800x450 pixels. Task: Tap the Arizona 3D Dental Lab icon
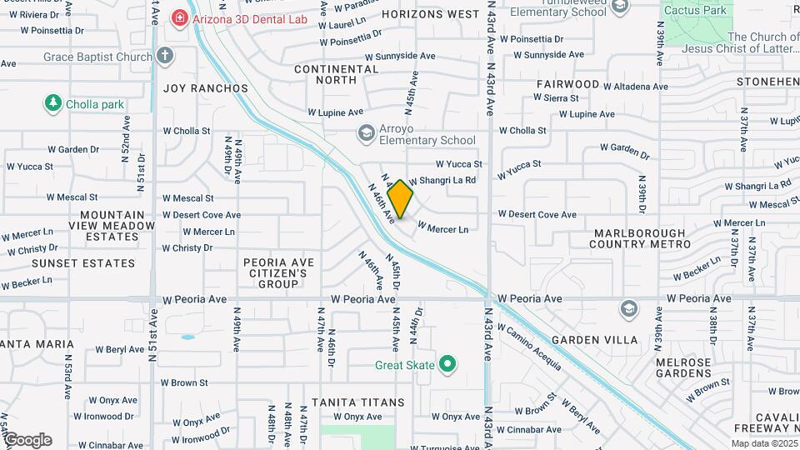178,17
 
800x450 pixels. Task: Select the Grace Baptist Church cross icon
165,56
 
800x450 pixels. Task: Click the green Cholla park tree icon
53,103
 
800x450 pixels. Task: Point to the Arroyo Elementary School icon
365,132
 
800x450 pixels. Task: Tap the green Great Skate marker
448,363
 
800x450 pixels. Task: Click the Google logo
27,439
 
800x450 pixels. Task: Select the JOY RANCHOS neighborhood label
205,88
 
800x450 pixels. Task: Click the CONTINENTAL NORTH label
337,74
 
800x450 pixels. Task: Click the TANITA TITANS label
357,402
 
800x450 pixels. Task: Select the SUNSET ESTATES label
82,263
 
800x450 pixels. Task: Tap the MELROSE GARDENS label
683,368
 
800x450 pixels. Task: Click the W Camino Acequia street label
531,345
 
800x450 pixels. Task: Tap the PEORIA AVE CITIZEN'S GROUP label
278,273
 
